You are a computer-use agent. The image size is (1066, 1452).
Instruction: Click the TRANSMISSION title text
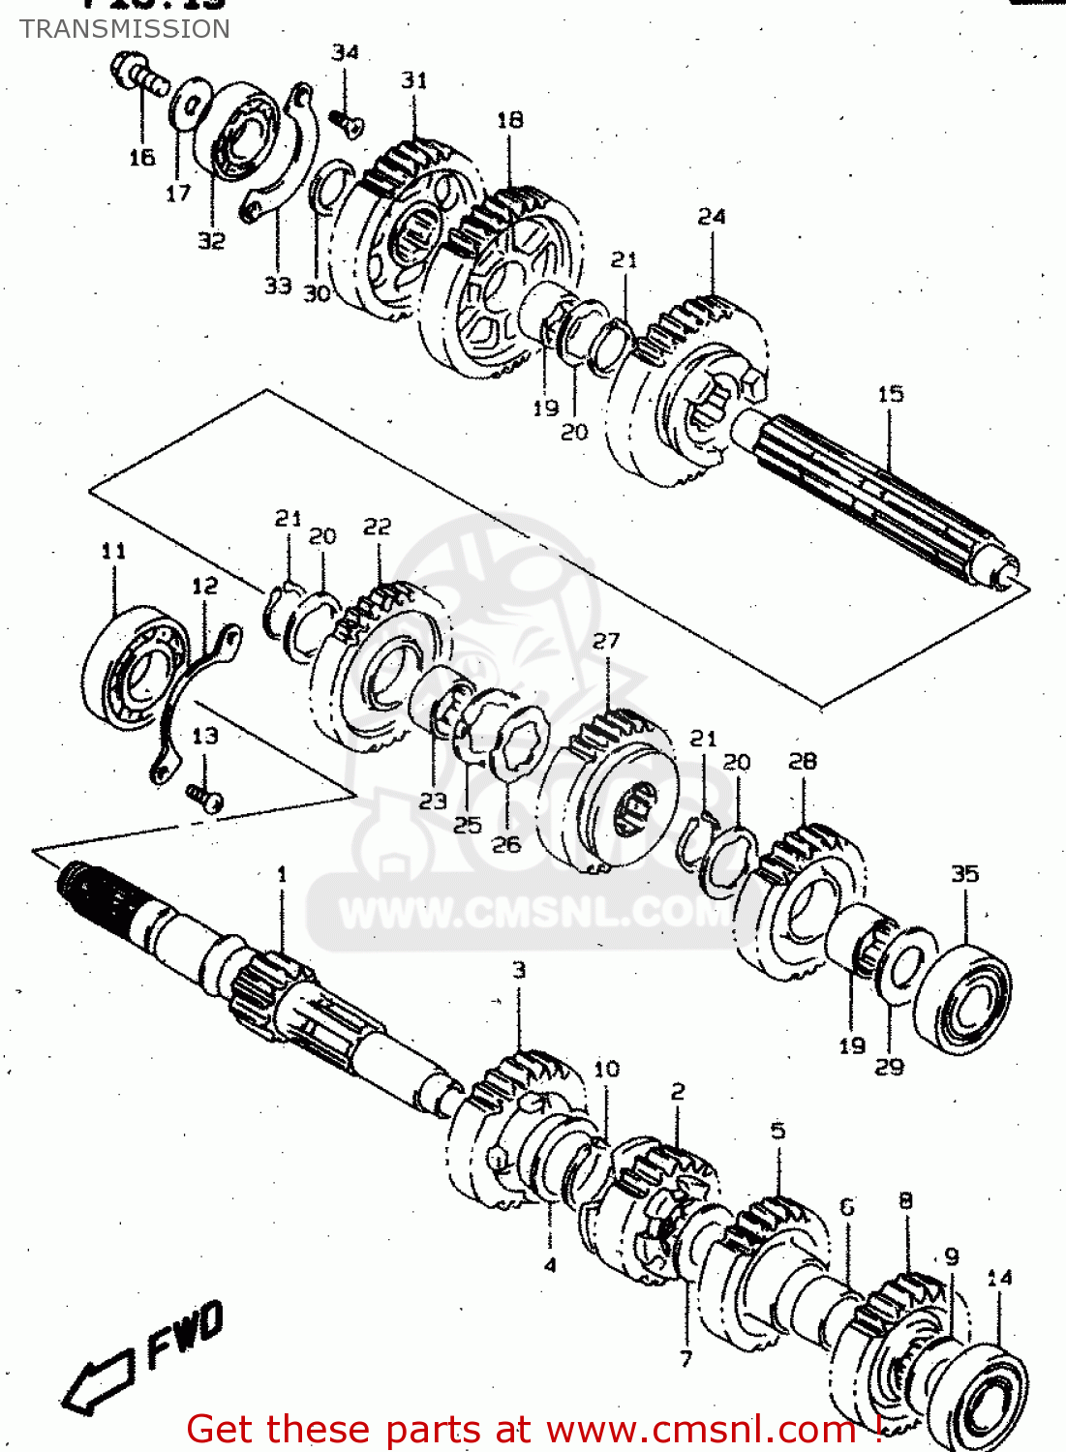tap(125, 29)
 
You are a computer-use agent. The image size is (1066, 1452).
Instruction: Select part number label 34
tap(345, 52)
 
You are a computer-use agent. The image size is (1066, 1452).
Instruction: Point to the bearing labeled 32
tap(238, 132)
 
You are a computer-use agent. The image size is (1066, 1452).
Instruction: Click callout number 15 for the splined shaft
tap(890, 394)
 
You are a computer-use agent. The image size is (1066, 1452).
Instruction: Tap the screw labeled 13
tap(206, 797)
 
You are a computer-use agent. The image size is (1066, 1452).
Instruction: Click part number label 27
tap(606, 641)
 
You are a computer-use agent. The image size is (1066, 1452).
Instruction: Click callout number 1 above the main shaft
tap(282, 875)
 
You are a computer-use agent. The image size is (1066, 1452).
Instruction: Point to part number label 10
tap(606, 1070)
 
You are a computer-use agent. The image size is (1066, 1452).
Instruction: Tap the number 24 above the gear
tap(712, 217)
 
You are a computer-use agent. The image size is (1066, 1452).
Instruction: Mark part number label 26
tap(506, 845)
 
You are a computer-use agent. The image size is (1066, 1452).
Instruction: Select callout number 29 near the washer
tap(889, 1067)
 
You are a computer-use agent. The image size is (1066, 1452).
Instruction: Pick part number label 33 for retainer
tap(278, 286)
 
